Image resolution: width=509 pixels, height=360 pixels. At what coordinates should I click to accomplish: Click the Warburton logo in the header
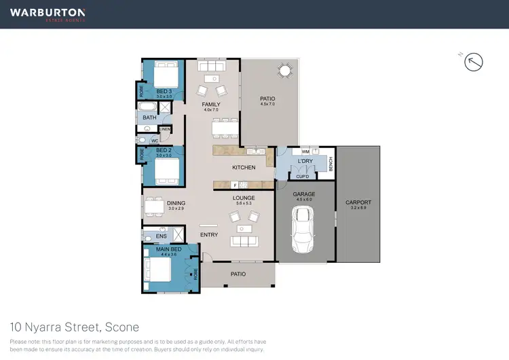coord(48,14)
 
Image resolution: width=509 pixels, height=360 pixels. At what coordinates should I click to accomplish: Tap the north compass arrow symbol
coord(474,62)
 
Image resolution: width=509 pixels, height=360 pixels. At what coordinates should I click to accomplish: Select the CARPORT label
coord(358,202)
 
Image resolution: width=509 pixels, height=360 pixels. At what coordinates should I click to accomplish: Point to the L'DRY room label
coord(305,160)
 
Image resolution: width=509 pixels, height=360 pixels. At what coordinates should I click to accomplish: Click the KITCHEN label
coord(244,167)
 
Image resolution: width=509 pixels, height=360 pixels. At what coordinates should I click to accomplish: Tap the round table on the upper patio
coord(284,71)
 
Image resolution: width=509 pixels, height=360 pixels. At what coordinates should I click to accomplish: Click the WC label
coord(155,141)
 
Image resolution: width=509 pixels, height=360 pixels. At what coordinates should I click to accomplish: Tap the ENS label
coord(161,236)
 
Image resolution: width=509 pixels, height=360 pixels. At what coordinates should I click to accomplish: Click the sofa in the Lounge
coord(245,240)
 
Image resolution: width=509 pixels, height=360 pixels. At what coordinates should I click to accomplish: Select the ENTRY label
coord(209,235)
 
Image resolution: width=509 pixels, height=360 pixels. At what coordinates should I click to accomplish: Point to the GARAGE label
coord(304,194)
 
